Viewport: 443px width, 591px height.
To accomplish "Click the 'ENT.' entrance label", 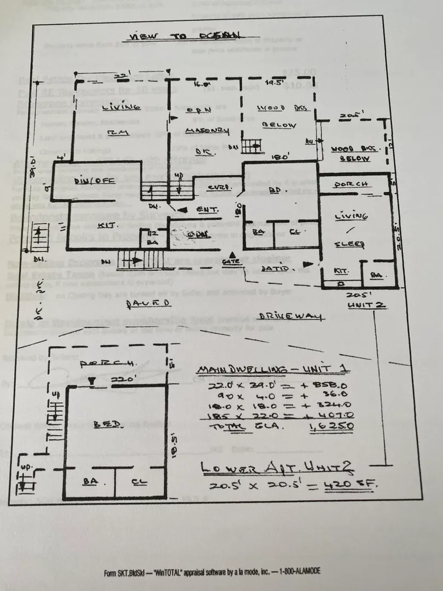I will pos(208,210).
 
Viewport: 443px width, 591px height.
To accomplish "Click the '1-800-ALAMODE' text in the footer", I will pos(298,571).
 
